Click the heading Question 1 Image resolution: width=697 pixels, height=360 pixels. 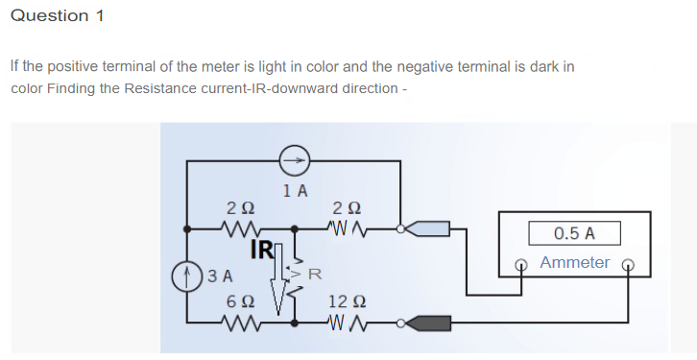click(x=57, y=16)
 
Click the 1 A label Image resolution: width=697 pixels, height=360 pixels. click(x=296, y=190)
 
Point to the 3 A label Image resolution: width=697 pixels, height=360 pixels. click(x=221, y=276)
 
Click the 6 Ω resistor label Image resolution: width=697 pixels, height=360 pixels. click(x=240, y=300)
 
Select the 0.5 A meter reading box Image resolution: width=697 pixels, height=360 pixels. click(x=574, y=233)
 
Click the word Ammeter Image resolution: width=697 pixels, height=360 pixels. click(x=574, y=262)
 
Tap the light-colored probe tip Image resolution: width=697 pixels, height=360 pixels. click(x=426, y=228)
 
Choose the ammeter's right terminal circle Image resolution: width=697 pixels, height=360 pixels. click(x=629, y=264)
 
